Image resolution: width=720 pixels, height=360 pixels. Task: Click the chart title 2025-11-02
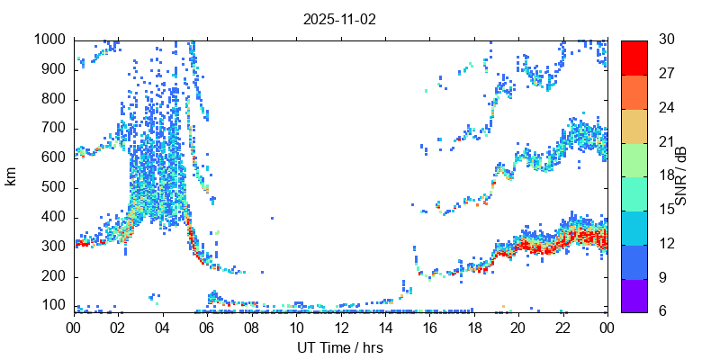coord(340,19)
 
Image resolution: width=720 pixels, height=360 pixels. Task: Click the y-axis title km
coord(11,176)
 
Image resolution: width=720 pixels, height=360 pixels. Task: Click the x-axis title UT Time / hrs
coord(340,347)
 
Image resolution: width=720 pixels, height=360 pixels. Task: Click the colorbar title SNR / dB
coord(681,175)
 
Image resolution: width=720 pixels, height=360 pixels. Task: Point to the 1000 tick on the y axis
coord(49,40)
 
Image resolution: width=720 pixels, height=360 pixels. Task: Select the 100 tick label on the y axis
coord(53,306)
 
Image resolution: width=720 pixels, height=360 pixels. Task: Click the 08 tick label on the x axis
coord(251,328)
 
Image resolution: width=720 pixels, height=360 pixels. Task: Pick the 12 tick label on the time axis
coord(340,328)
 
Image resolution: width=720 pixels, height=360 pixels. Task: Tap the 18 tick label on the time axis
coord(473,328)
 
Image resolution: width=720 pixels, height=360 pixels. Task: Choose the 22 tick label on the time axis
coord(562,328)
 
